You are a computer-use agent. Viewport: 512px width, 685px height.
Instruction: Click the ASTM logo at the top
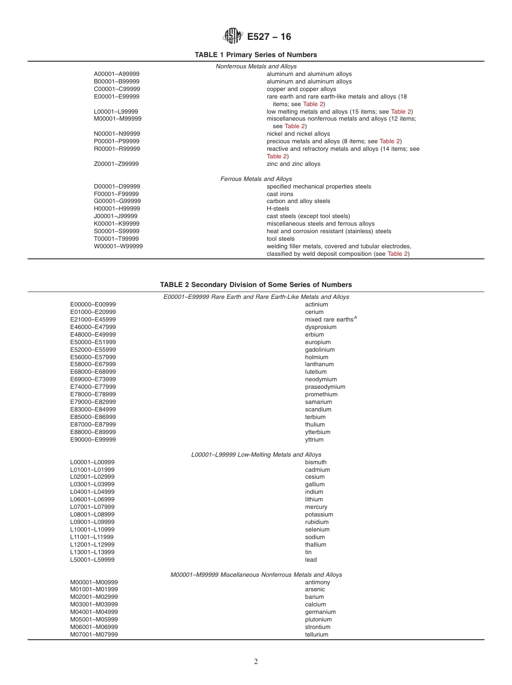tap(233, 37)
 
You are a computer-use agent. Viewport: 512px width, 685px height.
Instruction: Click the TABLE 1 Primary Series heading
tap(255, 55)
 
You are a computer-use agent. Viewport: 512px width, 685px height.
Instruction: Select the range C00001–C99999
tap(117, 89)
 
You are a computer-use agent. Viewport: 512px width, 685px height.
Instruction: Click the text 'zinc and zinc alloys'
tap(293, 164)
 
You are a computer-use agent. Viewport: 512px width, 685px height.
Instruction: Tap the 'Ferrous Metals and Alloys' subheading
tap(256, 179)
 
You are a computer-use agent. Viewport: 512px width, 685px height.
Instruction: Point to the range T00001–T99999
tap(116, 239)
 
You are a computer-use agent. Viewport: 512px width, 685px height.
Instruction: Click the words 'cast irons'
tap(280, 194)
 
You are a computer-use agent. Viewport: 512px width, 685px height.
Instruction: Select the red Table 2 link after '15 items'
tap(401, 111)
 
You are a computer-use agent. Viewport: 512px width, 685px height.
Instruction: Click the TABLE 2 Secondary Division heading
tap(255, 285)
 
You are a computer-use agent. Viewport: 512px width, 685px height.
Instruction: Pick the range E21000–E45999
tap(93, 319)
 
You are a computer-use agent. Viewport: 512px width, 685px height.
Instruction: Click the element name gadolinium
tap(320, 350)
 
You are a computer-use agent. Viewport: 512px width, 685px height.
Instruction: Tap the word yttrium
tap(314, 439)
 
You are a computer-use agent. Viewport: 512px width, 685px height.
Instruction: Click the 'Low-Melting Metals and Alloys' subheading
tap(256, 455)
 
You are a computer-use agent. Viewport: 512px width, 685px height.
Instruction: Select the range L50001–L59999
tap(92, 560)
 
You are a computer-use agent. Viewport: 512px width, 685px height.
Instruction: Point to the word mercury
tap(316, 507)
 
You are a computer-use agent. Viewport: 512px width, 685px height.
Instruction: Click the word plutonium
tap(318, 619)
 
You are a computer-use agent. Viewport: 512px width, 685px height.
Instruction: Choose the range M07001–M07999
tap(94, 634)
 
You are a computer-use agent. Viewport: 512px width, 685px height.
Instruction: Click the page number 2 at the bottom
tap(256, 662)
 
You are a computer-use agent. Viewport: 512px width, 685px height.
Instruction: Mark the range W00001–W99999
tap(118, 246)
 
